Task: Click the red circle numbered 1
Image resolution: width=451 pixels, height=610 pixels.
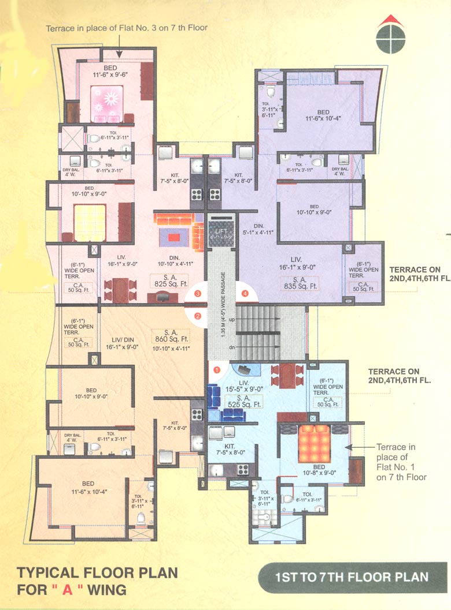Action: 217,368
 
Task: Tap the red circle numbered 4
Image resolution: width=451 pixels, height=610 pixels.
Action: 245,294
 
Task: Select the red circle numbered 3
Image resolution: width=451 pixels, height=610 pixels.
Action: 198,294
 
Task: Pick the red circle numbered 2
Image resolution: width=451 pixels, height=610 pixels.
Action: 198,316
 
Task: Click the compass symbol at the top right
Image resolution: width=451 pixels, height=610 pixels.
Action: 387,38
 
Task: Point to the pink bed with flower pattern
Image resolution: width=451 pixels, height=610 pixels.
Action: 107,100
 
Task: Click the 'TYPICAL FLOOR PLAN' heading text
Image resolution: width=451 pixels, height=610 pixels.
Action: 97,572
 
